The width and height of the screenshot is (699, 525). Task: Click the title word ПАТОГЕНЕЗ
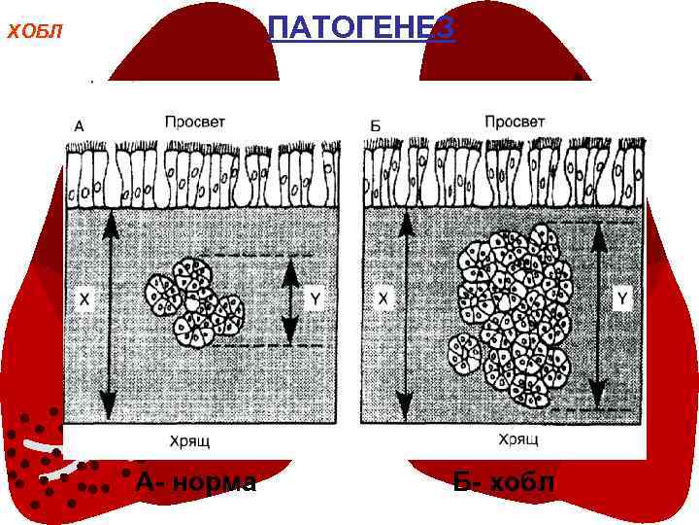(360, 28)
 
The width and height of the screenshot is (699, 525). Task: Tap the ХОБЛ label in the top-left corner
(34, 31)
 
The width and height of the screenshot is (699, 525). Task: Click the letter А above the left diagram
(79, 125)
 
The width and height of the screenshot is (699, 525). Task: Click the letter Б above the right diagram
(376, 125)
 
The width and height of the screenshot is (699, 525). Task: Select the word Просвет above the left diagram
(195, 122)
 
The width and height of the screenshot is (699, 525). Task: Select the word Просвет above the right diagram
(515, 122)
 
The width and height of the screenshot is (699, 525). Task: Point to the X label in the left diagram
(83, 301)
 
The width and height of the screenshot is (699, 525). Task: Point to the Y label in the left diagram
(314, 300)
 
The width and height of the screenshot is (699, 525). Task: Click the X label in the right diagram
(383, 300)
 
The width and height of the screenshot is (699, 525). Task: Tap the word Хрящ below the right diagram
(518, 439)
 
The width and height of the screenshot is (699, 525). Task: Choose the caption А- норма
(197, 481)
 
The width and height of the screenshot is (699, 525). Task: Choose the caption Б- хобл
(505, 481)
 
